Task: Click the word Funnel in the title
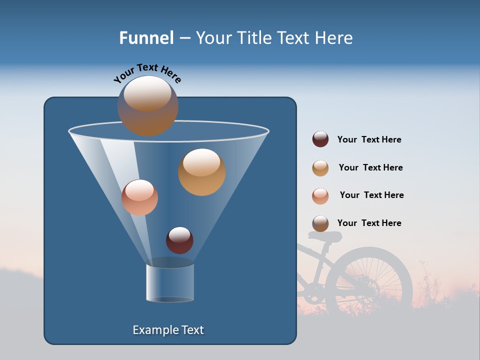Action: [x=146, y=38]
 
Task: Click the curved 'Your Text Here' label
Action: [x=147, y=72]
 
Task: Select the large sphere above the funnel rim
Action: [x=147, y=105]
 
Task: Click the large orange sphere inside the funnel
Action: [x=201, y=172]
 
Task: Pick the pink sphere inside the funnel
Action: [x=139, y=197]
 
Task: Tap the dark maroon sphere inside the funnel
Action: [x=179, y=240]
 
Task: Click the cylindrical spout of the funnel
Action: [x=169, y=282]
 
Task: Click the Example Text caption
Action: [x=168, y=330]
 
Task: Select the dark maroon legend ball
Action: [x=320, y=139]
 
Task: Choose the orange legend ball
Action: [x=320, y=168]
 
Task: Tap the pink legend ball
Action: [x=320, y=196]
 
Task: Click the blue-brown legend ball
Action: [x=320, y=223]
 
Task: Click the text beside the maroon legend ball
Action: [x=369, y=140]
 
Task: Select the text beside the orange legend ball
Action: [x=370, y=168]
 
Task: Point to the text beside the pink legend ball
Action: [x=371, y=195]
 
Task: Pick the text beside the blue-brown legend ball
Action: [x=369, y=223]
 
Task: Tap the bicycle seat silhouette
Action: [x=325, y=236]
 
